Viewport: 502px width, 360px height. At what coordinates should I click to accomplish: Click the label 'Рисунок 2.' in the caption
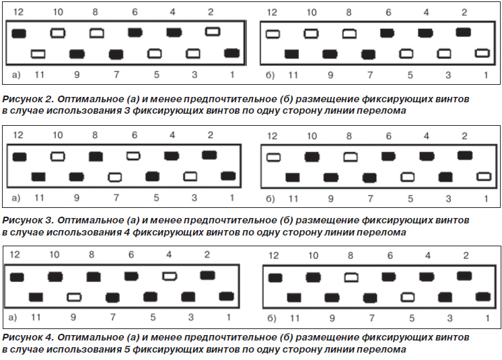coord(28,99)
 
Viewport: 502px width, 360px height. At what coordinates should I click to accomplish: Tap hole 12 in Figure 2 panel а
coord(19,34)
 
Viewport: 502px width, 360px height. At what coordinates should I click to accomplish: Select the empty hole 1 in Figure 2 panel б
coord(482,53)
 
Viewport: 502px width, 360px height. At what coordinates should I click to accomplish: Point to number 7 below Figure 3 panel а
coord(116,198)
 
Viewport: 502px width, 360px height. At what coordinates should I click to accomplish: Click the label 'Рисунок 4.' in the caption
coord(28,337)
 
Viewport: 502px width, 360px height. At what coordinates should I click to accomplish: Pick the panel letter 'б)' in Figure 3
coord(271,199)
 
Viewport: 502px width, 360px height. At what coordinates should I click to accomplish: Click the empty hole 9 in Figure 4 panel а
coord(74,297)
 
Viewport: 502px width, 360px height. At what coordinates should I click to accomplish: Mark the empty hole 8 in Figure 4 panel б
coord(351,277)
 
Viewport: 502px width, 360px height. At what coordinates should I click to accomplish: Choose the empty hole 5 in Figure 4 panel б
coord(408,297)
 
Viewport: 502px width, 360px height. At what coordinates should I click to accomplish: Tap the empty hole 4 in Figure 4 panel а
coord(170,276)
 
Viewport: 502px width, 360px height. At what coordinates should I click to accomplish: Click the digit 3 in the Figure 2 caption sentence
coord(126,111)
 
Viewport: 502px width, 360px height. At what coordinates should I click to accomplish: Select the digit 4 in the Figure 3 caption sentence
coord(127,232)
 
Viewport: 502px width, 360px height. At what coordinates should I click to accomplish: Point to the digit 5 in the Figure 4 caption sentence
coord(127,349)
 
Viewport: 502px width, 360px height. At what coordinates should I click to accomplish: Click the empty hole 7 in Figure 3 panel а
coord(115,177)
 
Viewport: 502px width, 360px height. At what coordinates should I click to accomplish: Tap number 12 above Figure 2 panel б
coord(272,13)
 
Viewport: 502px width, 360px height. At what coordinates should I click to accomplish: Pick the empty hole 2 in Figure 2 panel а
coord(213,32)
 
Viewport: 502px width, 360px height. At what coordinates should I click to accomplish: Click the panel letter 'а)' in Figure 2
coord(16,75)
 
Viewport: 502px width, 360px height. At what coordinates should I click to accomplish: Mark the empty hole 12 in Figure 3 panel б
coord(273,157)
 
